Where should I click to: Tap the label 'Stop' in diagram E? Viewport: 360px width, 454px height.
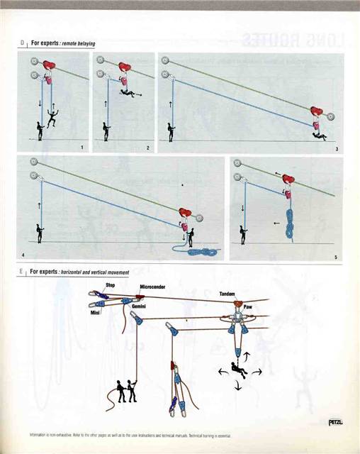point(110,284)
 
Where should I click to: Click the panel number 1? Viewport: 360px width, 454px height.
point(82,148)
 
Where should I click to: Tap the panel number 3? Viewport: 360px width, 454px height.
point(336,148)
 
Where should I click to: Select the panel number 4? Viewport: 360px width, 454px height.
point(23,254)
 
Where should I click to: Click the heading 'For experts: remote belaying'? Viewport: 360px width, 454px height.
point(62,43)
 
